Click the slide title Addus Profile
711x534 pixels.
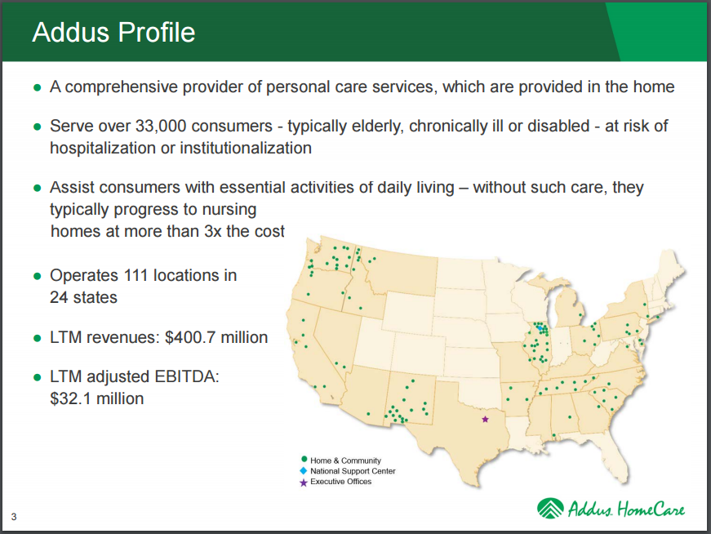(x=113, y=32)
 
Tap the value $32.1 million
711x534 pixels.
(x=96, y=398)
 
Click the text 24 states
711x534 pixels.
(x=83, y=296)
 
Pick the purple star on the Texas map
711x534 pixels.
(x=485, y=419)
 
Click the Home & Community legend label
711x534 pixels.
(x=345, y=461)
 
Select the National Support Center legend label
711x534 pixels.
(x=353, y=471)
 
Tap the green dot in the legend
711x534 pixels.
(x=304, y=460)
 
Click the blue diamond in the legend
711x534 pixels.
(x=304, y=471)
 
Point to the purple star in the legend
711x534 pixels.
(x=304, y=482)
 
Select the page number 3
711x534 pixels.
(x=14, y=515)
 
